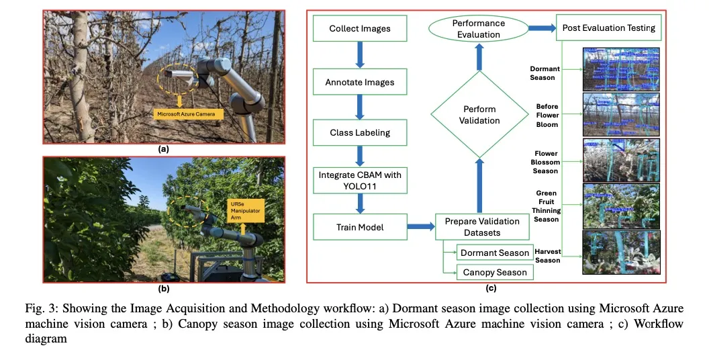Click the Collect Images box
(x=359, y=29)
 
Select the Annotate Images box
(x=359, y=82)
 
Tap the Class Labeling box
(x=359, y=132)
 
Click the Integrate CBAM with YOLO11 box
(x=360, y=179)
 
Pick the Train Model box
(x=359, y=227)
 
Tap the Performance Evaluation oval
(x=479, y=28)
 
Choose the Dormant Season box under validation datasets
(x=495, y=253)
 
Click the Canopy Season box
(x=495, y=272)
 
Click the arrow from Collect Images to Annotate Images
(x=359, y=55)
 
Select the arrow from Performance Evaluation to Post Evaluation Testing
(x=540, y=28)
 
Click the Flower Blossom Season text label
(x=546, y=163)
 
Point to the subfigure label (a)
(x=163, y=149)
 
